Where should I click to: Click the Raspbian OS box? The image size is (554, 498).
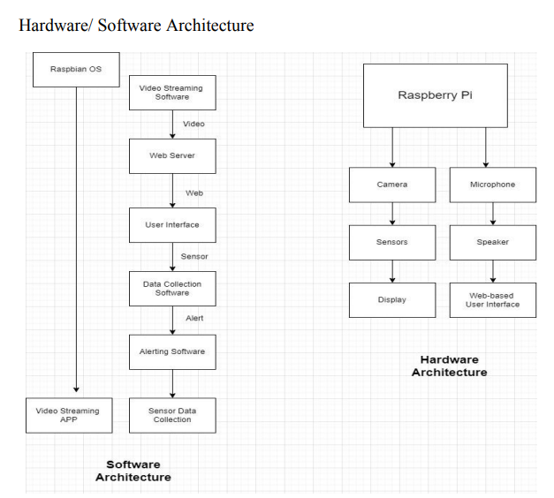coord(75,69)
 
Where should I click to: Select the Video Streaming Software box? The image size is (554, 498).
coord(172,92)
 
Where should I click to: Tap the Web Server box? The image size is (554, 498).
coord(172,156)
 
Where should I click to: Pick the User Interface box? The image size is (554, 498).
coord(172,225)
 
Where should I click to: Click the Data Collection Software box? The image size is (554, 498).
coord(172,288)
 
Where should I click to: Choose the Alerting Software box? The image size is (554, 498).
coord(172,351)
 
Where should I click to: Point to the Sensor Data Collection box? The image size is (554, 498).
coord(172,415)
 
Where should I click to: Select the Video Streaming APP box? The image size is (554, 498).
coord(68,415)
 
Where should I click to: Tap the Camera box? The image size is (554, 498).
coord(391,185)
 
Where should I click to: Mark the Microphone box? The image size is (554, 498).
coord(493,185)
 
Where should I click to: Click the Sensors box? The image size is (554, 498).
coord(391,241)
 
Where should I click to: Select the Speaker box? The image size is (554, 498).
coord(493,241)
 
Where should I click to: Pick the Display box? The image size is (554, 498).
coord(391,300)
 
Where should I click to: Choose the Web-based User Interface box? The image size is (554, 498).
coord(493,300)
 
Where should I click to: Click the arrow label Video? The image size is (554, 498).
coord(194,124)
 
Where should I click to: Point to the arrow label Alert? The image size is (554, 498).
coord(194,319)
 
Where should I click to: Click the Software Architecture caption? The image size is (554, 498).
coord(133,471)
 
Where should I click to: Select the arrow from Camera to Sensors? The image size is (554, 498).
coord(391,213)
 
